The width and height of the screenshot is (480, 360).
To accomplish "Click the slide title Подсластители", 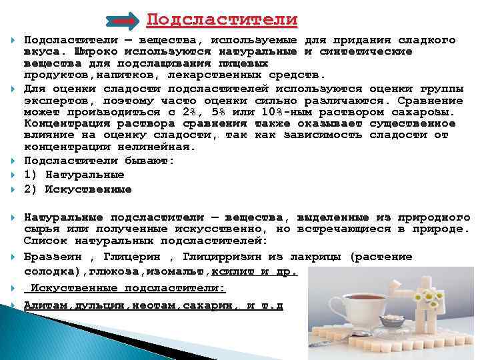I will tap(222, 19).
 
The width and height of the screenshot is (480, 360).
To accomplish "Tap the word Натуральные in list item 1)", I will tap(85, 175).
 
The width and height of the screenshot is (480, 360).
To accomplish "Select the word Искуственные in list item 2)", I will tap(88, 189).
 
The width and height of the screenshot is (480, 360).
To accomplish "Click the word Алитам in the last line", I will tap(45, 305).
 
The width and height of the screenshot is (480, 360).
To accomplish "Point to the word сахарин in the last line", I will tap(215, 305).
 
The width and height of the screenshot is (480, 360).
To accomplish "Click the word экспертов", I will tap(53, 101).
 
